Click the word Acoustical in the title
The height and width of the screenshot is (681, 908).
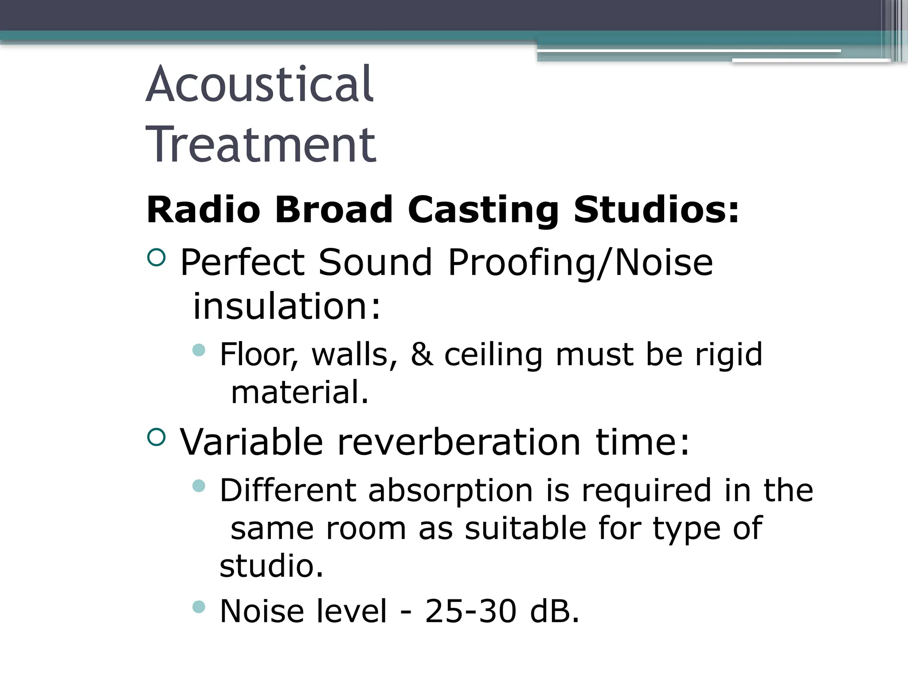pos(260,84)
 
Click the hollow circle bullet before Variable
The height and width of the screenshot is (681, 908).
pos(156,437)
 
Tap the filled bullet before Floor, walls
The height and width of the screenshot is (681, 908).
pos(200,351)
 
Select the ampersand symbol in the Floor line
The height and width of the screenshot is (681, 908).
pos(422,355)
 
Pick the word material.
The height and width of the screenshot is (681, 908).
pos(300,392)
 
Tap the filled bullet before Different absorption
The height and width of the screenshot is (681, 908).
pos(200,486)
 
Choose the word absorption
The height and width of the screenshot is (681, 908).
pos(450,491)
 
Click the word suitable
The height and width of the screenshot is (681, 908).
pos(525,528)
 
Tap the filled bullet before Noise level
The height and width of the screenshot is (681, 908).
pos(200,607)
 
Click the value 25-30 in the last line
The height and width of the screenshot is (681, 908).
pos(471,611)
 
